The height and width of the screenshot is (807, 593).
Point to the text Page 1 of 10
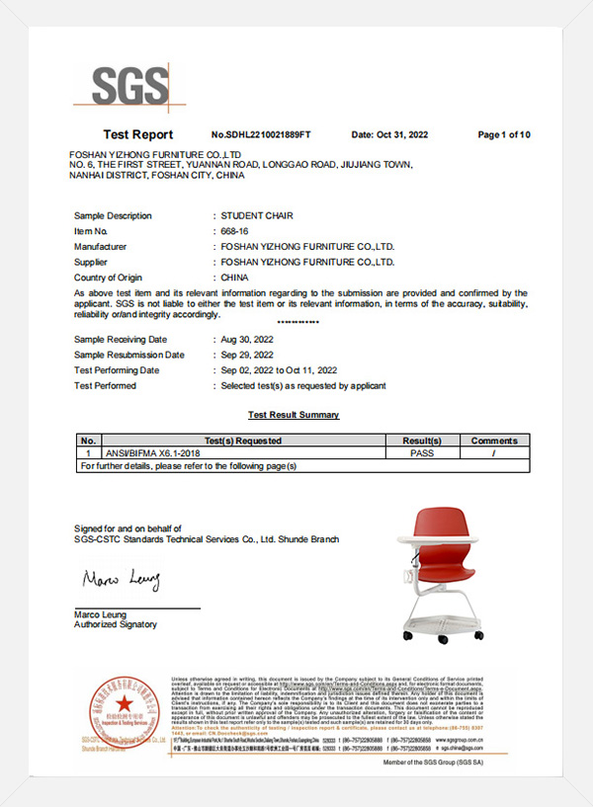tap(504, 134)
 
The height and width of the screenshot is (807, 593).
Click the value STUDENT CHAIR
tap(257, 215)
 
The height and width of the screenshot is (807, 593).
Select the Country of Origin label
tap(108, 279)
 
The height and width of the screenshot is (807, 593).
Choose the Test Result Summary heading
tap(293, 415)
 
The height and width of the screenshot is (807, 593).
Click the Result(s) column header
tap(421, 441)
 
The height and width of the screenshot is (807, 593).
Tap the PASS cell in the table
tap(422, 452)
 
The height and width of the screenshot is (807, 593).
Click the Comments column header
tap(494, 441)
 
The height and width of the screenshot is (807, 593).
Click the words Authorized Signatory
tap(115, 624)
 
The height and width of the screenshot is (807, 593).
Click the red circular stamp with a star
tap(124, 711)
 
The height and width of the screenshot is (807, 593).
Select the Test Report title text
tap(138, 134)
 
